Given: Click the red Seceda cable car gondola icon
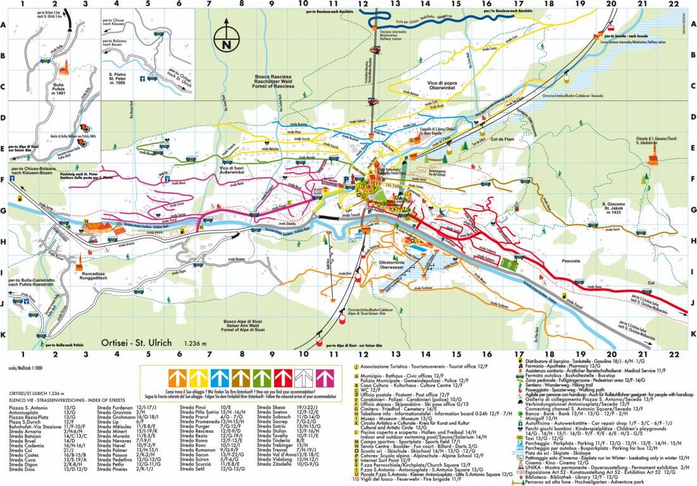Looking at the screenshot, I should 612,27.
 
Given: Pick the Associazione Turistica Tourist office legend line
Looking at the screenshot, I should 417,366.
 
